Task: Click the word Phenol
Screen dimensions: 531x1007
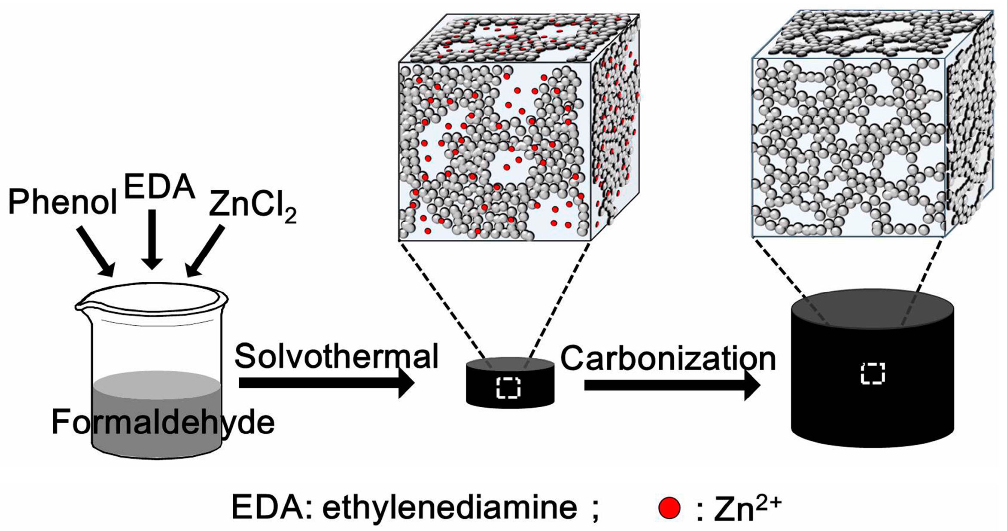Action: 62,202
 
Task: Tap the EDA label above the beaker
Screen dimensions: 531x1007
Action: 159,187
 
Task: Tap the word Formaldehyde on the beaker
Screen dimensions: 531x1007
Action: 163,422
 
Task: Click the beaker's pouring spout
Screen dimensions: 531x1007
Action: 82,306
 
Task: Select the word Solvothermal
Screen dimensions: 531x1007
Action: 336,356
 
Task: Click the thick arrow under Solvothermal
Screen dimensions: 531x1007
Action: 326,383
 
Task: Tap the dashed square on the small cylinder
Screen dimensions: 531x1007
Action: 508,388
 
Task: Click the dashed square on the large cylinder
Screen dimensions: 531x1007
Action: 873,373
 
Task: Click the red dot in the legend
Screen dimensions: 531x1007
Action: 669,508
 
